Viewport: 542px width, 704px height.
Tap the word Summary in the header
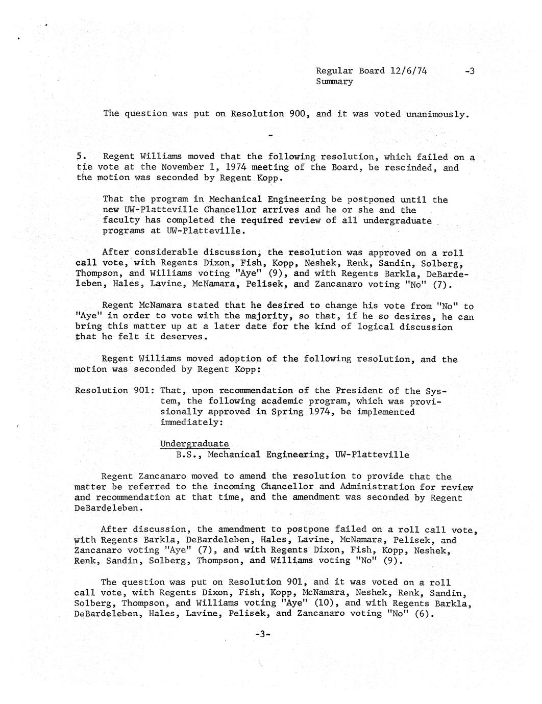click(x=334, y=82)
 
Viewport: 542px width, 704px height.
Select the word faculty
click(x=121, y=220)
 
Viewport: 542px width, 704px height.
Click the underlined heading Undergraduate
click(x=194, y=444)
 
